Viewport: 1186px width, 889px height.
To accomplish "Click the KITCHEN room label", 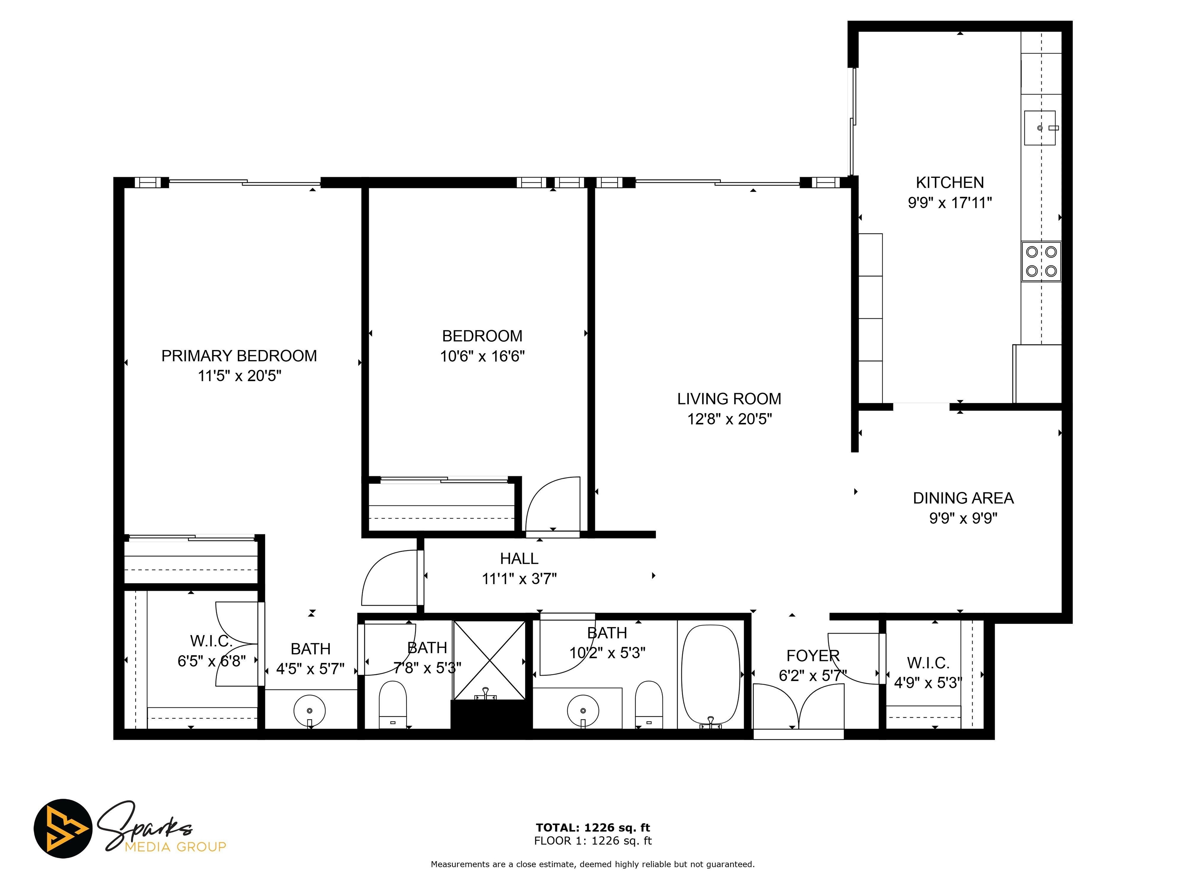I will click(950, 183).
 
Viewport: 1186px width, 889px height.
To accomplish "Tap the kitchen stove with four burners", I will click(1041, 261).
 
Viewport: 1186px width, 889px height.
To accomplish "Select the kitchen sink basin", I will click(1039, 128).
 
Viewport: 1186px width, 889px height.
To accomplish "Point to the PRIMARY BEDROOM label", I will click(239, 356).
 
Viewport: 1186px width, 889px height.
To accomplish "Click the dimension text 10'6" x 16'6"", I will click(482, 357).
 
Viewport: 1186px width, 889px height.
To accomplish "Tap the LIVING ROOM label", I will click(729, 399).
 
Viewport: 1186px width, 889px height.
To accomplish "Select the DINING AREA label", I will click(963, 499).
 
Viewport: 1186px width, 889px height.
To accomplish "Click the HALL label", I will click(519, 559).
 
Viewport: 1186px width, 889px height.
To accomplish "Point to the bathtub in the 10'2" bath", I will click(710, 673).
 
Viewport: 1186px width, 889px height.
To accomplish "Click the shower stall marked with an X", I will click(490, 660).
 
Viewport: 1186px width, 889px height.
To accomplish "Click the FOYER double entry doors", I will click(798, 707).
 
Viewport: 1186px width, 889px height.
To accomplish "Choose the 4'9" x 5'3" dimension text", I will click(928, 683).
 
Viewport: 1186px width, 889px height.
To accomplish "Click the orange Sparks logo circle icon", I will click(63, 828).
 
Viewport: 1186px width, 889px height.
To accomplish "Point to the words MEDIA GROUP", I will click(175, 847).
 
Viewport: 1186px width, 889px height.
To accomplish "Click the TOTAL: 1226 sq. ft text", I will click(593, 828).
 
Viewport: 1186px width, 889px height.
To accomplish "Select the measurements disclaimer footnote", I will click(593, 864).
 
